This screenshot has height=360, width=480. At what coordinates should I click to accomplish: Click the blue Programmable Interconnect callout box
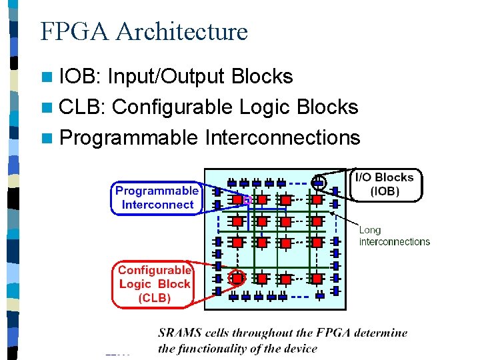pyautogui.click(x=157, y=197)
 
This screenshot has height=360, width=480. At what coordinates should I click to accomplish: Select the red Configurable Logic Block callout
pyautogui.click(x=155, y=284)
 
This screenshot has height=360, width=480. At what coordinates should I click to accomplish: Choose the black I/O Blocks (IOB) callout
pyautogui.click(x=385, y=184)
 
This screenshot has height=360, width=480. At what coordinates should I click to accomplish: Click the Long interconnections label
pyautogui.click(x=394, y=236)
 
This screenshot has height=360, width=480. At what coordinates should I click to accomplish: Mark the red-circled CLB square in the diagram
pyautogui.click(x=237, y=277)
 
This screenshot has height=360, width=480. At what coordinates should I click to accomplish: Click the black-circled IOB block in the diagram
pyautogui.click(x=319, y=181)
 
